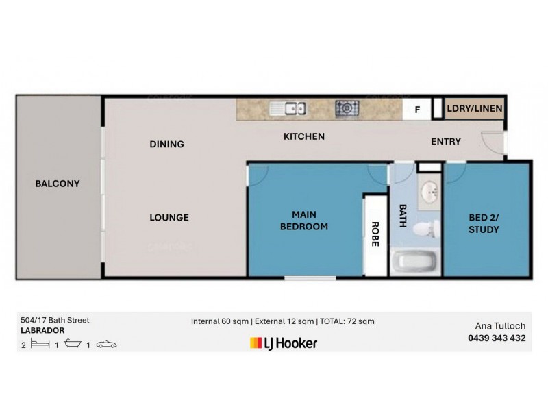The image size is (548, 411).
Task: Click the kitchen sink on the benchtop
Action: [x=288, y=108]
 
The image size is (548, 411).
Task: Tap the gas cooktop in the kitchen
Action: [x=347, y=108]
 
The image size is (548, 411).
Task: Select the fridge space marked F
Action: [x=417, y=110]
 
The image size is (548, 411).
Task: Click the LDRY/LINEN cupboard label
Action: [x=474, y=108]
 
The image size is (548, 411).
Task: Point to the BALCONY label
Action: [x=58, y=184]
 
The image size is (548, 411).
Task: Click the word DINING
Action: [x=166, y=144]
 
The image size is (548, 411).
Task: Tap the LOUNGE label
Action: [x=169, y=217]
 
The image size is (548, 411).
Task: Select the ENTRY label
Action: [x=446, y=142]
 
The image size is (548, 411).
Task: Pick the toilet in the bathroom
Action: [x=427, y=229]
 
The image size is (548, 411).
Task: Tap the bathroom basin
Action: [x=429, y=192]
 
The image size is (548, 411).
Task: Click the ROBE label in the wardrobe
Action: [x=375, y=234]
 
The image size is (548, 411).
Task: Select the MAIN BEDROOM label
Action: [x=304, y=221]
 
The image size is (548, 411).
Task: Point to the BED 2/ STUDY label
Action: [x=484, y=223]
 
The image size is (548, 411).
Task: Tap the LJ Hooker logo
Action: [x=284, y=343]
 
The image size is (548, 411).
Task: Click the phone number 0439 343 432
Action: [x=497, y=338]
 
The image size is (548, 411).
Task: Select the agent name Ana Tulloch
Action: [x=500, y=326]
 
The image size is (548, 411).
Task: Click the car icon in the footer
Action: [x=107, y=345]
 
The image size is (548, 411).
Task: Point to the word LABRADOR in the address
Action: [x=42, y=330]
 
